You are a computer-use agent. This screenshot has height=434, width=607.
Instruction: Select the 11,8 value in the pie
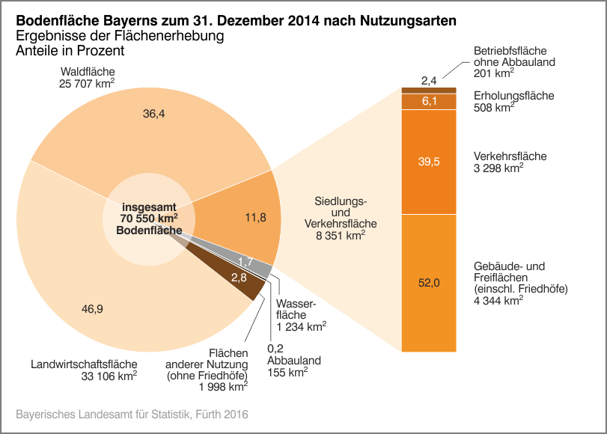(x=257, y=218)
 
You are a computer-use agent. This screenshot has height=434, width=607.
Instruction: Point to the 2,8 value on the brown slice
(x=240, y=278)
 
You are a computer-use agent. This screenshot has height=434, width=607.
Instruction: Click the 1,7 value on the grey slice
(x=245, y=261)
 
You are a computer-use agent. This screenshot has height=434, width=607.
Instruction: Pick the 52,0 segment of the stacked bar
(x=429, y=282)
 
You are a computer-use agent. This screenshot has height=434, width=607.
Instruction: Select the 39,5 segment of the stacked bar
(x=429, y=162)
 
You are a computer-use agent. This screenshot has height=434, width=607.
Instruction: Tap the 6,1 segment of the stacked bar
(x=429, y=101)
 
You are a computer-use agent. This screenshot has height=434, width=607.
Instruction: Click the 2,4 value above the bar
(x=429, y=79)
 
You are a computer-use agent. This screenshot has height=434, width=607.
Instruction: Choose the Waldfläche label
(x=87, y=72)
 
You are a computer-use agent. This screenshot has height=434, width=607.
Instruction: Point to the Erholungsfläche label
(x=513, y=96)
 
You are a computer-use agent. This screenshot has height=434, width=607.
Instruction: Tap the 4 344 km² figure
(x=498, y=301)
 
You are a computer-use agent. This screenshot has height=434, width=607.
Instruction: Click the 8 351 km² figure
(x=341, y=236)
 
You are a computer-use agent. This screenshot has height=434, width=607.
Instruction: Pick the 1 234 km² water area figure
(x=301, y=327)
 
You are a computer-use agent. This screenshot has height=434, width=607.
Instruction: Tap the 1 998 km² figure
(x=223, y=387)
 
